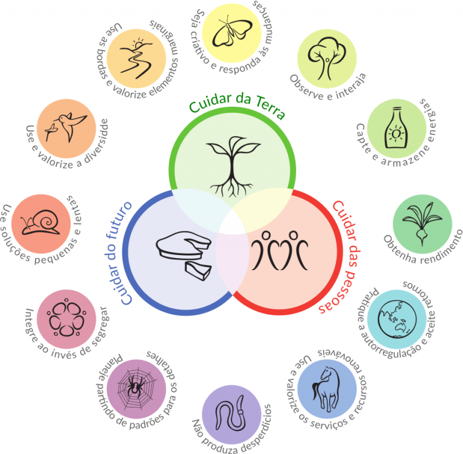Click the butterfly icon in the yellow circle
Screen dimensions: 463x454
point(231,32)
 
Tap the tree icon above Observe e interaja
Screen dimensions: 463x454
point(327,58)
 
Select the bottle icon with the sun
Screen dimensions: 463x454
point(396,128)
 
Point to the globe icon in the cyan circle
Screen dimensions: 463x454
point(397,319)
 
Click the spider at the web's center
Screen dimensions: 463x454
point(135,385)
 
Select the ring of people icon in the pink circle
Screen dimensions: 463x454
point(66,319)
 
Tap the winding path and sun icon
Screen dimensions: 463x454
point(136,58)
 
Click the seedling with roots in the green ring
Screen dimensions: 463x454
point(233,167)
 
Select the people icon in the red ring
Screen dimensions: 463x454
point(279,250)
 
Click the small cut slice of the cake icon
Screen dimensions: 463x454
point(198,270)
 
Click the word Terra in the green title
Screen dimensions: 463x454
point(269,108)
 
